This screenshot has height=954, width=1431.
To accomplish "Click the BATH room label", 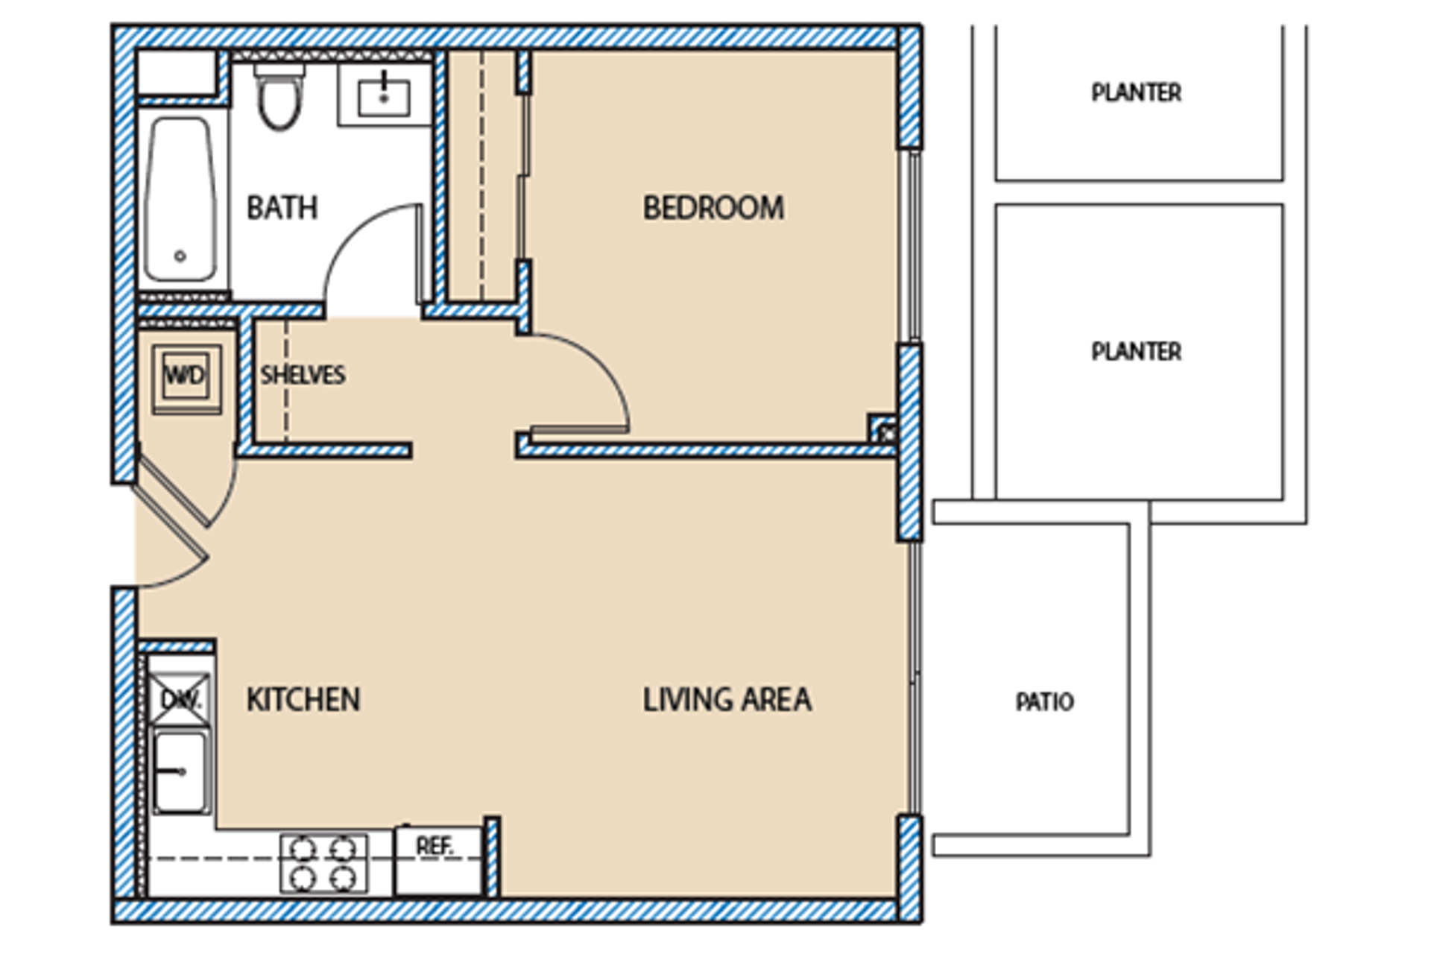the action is pos(282,207).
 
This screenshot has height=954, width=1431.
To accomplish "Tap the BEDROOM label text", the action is pos(713,208).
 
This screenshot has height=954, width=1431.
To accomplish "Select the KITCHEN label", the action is pos(303,699).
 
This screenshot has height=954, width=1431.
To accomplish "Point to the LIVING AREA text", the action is pos(727,699).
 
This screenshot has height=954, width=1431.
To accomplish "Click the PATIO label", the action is pos(1044,701).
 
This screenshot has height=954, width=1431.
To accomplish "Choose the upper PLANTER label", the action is pos(1136,92).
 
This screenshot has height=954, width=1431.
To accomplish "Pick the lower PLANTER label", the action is pos(1136,351).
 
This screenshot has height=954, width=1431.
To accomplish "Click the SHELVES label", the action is pos(303,374).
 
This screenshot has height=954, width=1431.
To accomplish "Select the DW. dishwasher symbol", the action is pos(180,699).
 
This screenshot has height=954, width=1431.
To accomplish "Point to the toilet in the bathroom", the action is pos(279,97).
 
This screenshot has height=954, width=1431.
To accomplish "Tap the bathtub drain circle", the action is pos(180,256).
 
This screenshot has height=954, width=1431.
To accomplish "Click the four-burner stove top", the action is pos(324,864).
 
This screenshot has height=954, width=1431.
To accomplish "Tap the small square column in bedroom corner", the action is pos(883,429).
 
